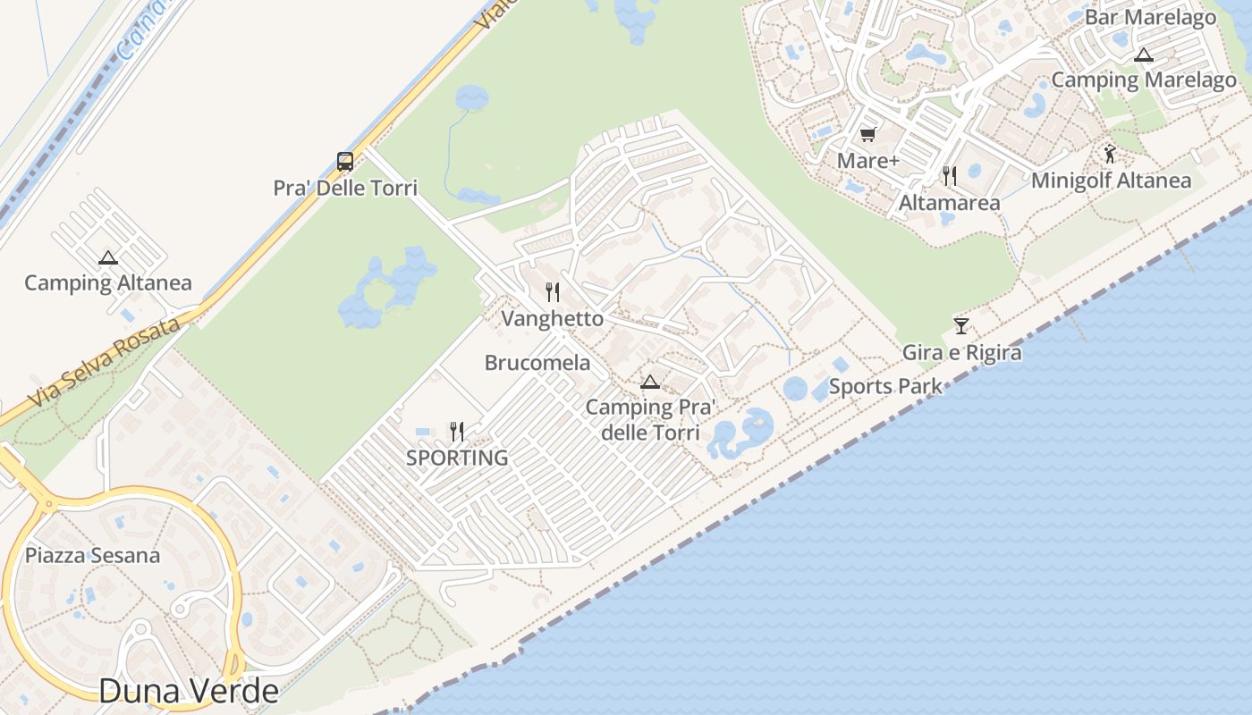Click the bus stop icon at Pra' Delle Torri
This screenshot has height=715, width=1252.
point(345,162)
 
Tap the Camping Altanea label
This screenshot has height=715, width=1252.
point(107,283)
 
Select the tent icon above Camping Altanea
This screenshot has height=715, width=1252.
point(108,258)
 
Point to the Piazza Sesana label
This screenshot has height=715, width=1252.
point(92,556)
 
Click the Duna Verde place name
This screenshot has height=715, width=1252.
point(189,691)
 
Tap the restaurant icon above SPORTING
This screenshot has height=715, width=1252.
point(457,433)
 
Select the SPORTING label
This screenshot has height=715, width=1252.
point(457,458)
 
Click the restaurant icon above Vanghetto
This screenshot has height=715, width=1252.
point(553,292)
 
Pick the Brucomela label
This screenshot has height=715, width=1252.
point(537,363)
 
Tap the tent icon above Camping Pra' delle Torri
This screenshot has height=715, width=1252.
point(650,383)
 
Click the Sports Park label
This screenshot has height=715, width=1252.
point(885,387)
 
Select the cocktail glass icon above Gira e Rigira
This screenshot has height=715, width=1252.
point(961,326)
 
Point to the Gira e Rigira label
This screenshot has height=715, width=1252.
point(961,352)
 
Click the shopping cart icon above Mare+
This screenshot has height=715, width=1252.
point(867,135)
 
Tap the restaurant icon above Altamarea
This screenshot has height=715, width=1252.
point(950,176)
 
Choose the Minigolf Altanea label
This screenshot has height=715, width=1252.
point(1111,181)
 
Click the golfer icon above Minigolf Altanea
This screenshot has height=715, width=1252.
point(1111,154)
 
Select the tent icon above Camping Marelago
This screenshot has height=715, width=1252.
point(1143,55)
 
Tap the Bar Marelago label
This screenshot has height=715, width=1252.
point(1150,17)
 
